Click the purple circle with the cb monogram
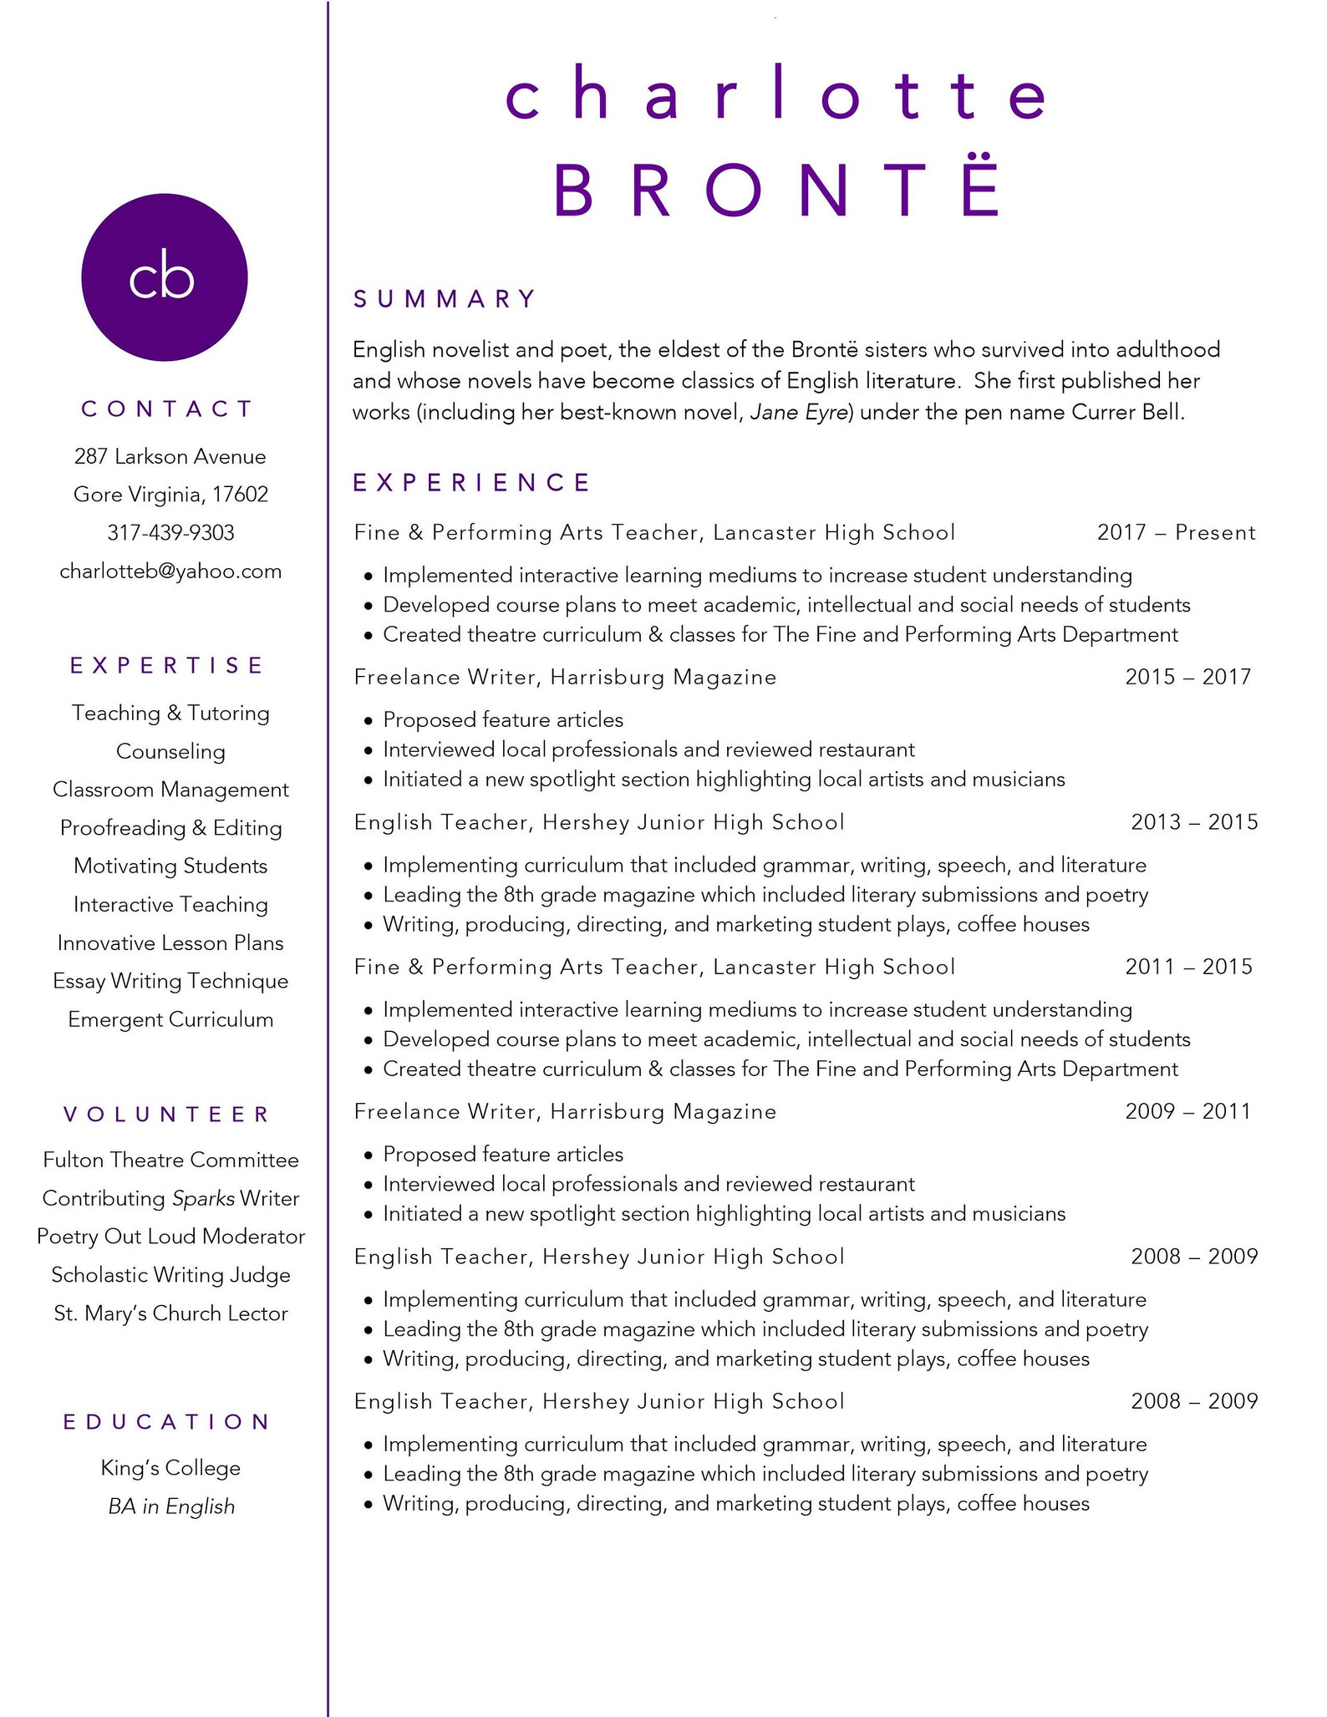(x=165, y=277)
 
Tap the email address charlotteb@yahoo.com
(x=170, y=571)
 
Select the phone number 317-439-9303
(x=170, y=533)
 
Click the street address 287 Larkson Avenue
(x=170, y=456)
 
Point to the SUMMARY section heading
(x=445, y=299)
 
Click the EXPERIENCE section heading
(x=472, y=482)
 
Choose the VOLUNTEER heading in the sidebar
(x=167, y=1115)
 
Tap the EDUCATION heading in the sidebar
(x=167, y=1422)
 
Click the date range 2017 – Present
(x=1176, y=533)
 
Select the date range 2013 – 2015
(x=1194, y=822)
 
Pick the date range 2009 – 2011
(x=1187, y=1111)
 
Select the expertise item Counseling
(x=170, y=752)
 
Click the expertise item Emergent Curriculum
(x=170, y=1020)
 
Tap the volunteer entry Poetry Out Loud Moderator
(x=170, y=1237)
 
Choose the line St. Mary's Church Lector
(x=170, y=1313)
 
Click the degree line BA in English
(x=171, y=1506)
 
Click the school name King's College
(x=170, y=1468)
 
